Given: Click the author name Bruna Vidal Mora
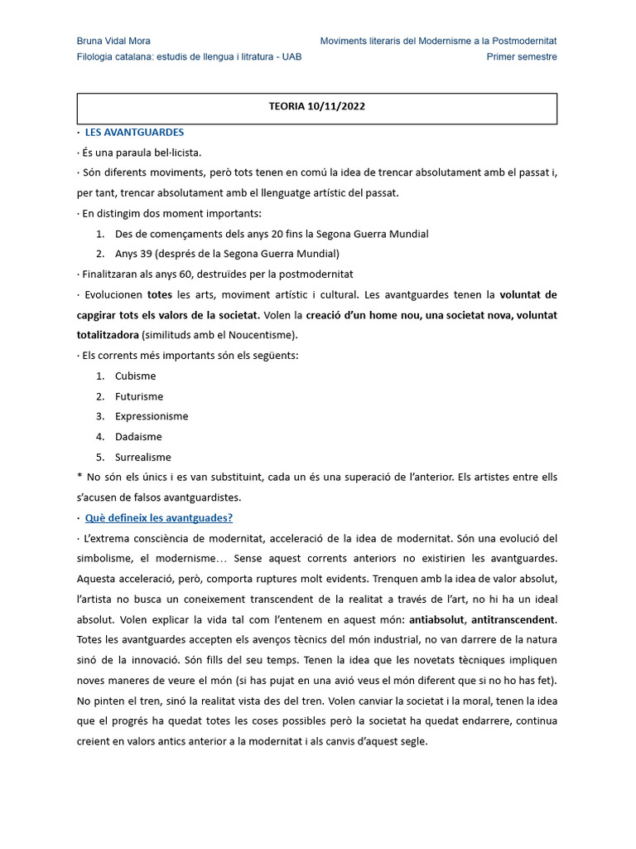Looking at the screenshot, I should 113,41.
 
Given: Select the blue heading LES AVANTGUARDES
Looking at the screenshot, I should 134,133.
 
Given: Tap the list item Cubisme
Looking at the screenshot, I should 135,376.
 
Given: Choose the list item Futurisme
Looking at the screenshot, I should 139,396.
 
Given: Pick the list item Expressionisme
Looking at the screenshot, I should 152,416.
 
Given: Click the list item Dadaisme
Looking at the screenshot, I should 138,437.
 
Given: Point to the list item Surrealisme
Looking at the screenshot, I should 143,457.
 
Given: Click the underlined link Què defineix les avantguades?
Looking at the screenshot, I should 159,518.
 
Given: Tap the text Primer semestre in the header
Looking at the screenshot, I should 522,57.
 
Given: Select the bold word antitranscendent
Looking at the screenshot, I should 513,619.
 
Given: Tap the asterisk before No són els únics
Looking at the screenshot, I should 79,478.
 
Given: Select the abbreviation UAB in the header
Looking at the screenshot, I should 291,57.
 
